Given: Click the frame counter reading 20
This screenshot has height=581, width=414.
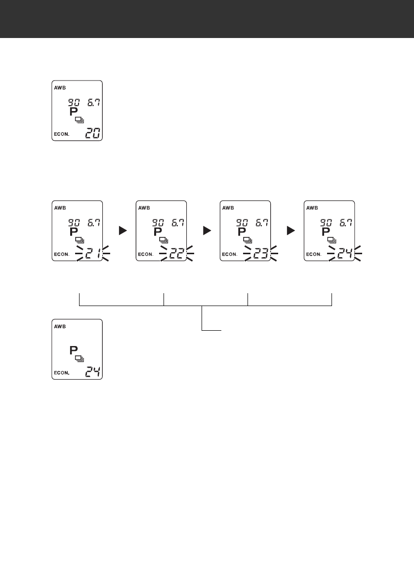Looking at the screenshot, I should click(92, 133).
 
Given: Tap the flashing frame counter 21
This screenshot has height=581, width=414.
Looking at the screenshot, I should click(92, 254).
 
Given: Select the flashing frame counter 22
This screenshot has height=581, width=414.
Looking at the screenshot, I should click(176, 254).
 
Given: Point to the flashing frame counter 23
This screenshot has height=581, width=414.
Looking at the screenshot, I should click(260, 254).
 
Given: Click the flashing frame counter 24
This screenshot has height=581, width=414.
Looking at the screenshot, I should click(344, 254).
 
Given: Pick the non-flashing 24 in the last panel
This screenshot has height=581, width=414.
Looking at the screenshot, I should click(92, 372).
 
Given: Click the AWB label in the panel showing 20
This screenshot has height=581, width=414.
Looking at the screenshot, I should click(59, 87).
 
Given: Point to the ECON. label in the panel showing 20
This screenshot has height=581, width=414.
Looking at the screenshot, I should click(62, 134).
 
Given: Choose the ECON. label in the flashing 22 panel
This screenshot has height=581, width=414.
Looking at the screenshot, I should click(146, 255).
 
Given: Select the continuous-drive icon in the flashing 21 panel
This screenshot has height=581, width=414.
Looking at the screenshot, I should click(79, 240).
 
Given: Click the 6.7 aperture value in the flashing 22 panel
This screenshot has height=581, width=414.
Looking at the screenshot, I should click(177, 223).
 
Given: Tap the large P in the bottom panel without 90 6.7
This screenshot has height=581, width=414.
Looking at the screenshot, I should click(74, 351).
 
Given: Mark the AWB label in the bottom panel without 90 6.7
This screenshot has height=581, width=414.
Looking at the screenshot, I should click(59, 326).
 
